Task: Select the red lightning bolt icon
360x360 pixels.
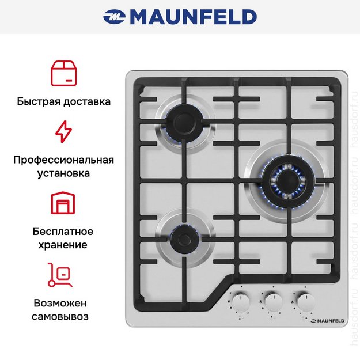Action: tap(63, 132)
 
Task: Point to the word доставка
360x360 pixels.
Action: tap(86, 101)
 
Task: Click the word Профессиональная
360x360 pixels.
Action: tap(63, 160)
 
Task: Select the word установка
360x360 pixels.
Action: tap(63, 173)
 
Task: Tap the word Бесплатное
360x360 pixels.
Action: tap(63, 232)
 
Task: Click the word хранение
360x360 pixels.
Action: tap(63, 245)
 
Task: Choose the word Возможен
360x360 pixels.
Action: tap(63, 303)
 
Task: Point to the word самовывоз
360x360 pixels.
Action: tap(63, 316)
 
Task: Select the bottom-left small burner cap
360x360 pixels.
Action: tap(183, 235)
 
